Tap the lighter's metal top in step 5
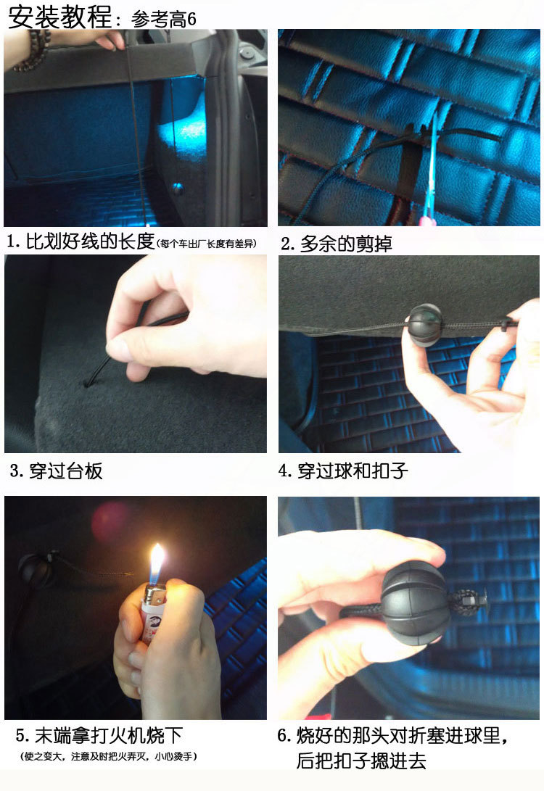pyautogui.click(x=154, y=595)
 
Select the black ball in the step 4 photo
pyautogui.click(x=424, y=325)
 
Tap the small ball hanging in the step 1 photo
pyautogui.click(x=178, y=189)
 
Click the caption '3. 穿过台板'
pyautogui.click(x=56, y=471)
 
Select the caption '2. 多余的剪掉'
pyautogui.click(x=337, y=244)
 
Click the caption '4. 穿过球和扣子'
pyautogui.click(x=342, y=471)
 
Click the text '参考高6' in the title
pyautogui.click(x=163, y=19)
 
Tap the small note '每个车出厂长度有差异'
pyautogui.click(x=207, y=244)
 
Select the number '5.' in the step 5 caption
pyautogui.click(x=23, y=735)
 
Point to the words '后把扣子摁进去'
pyautogui.click(x=361, y=761)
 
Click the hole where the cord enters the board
pyautogui.click(x=87, y=384)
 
